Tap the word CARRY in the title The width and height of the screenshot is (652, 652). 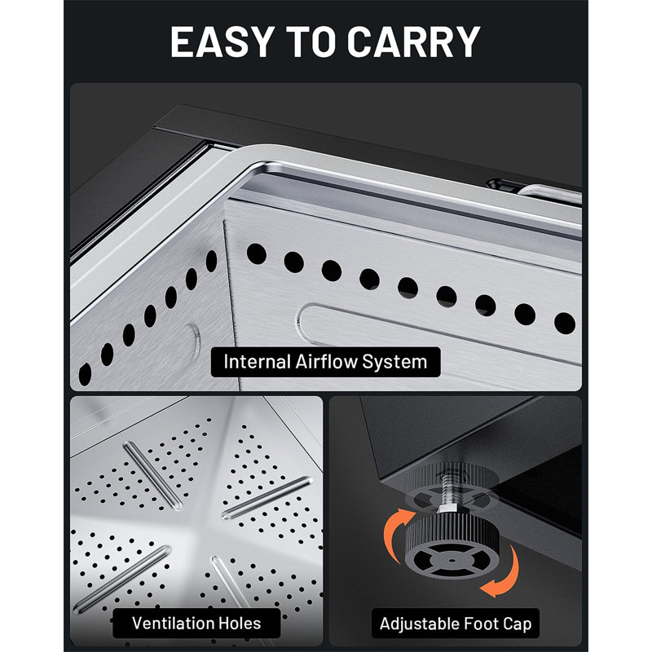pyautogui.click(x=414, y=42)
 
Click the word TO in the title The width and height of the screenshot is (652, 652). pyautogui.click(x=311, y=42)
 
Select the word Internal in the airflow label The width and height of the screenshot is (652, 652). pyautogui.click(x=257, y=361)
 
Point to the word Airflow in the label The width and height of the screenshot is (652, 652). pyautogui.click(x=327, y=361)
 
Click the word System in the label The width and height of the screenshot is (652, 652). pyautogui.click(x=394, y=362)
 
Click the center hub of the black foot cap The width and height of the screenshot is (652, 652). pyautogui.click(x=452, y=560)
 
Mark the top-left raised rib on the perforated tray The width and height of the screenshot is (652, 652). pyautogui.click(x=153, y=475)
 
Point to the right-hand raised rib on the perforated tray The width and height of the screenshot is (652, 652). pyautogui.click(x=267, y=498)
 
